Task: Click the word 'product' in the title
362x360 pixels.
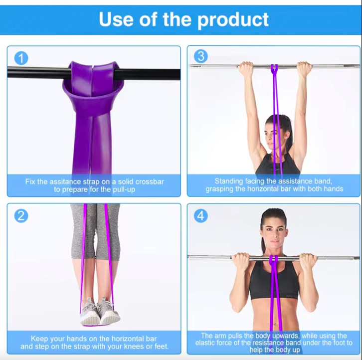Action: [x=233, y=20]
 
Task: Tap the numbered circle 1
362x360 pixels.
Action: [x=21, y=58]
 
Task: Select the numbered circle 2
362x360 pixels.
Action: [x=21, y=216]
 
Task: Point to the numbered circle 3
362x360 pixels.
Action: [x=201, y=56]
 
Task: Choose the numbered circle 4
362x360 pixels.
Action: [x=201, y=216]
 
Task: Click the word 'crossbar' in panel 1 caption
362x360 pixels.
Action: [x=150, y=181]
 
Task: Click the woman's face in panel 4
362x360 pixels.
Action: [x=274, y=236]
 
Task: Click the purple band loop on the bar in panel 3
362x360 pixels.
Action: [x=274, y=69]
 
